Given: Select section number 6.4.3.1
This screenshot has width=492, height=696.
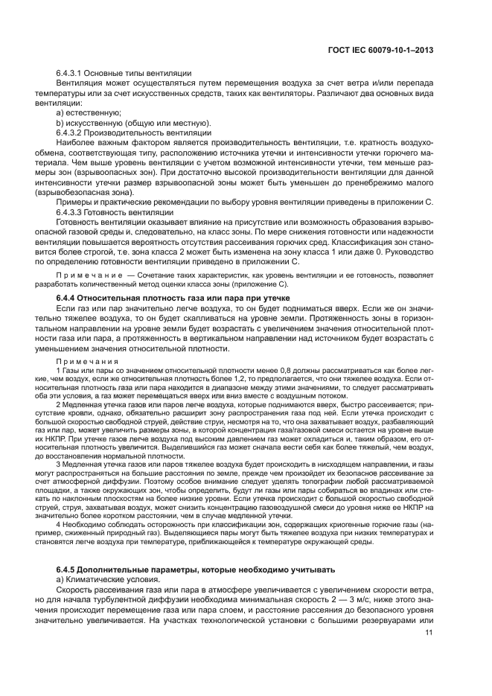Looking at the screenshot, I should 72,73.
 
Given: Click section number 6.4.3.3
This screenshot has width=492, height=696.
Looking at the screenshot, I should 72,212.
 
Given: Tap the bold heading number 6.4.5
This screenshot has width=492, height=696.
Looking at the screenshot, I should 70,549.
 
